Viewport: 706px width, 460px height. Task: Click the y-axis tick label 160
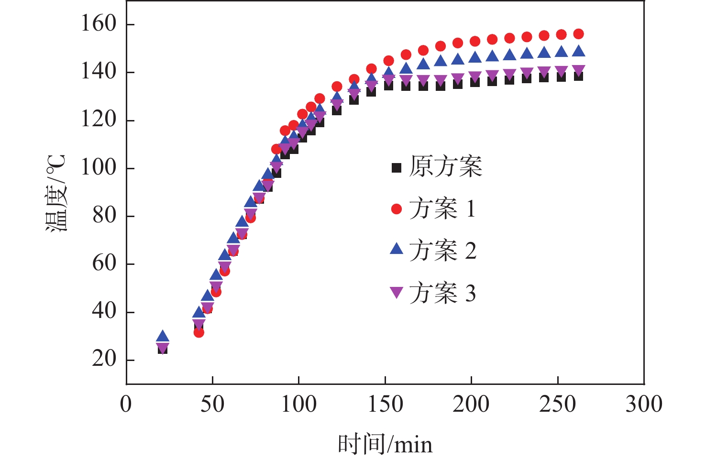[x=99, y=24]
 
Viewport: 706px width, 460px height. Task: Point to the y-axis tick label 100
[x=99, y=168]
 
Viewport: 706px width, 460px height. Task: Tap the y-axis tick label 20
[x=104, y=359]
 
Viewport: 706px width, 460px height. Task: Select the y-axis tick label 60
[x=104, y=263]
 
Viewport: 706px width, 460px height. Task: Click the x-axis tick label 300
[x=644, y=405]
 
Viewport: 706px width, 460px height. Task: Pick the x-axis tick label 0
[x=126, y=405]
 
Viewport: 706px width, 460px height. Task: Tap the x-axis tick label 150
[x=385, y=405]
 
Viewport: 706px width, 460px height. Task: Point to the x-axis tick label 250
[x=558, y=405]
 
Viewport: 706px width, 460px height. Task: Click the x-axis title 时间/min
[x=385, y=444]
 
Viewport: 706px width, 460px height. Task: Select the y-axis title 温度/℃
[x=56, y=193]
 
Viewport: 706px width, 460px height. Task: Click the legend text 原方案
[x=446, y=167]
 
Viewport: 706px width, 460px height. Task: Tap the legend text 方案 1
[x=442, y=209]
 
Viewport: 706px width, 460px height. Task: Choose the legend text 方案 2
[x=442, y=251]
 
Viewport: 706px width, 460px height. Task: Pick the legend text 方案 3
[x=442, y=293]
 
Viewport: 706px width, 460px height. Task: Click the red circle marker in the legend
[x=397, y=209]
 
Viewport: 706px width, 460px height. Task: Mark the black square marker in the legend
[x=397, y=167]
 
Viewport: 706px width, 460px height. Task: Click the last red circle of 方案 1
[x=578, y=34]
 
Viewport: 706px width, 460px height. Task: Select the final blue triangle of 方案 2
[x=578, y=51]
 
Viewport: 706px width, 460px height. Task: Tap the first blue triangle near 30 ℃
[x=163, y=337]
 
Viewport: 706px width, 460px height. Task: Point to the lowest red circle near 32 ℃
[x=199, y=332]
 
